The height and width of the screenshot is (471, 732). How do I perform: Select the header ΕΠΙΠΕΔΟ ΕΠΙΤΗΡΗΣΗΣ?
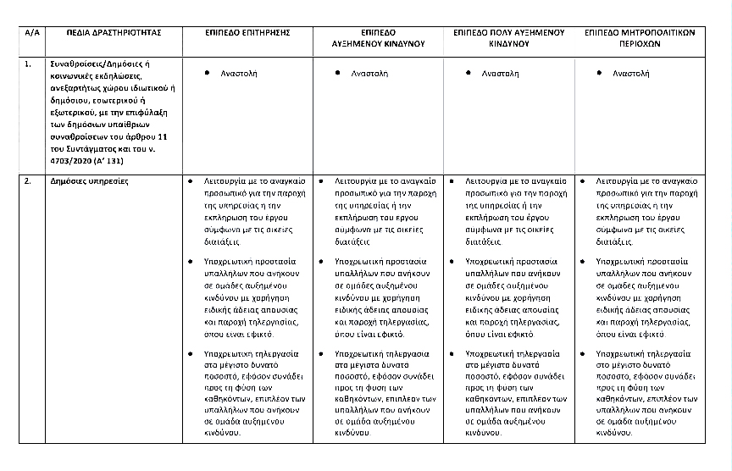click(247, 32)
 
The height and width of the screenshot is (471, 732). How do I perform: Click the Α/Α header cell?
click(33, 32)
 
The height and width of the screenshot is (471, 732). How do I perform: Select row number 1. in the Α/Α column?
click(29, 64)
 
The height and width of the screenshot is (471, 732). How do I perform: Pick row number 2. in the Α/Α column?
click(29, 181)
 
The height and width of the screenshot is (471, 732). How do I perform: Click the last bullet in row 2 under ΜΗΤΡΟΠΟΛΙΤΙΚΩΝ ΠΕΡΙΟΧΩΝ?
click(583, 351)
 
